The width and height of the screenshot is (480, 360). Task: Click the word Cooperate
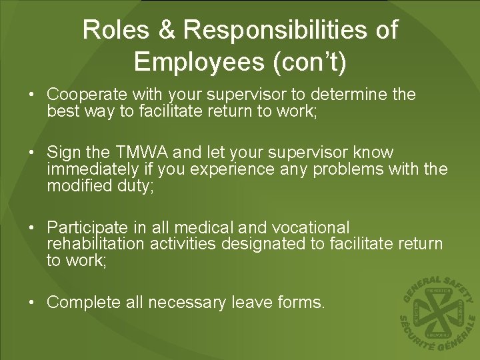(x=83, y=95)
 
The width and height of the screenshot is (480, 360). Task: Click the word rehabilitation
(x=95, y=244)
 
